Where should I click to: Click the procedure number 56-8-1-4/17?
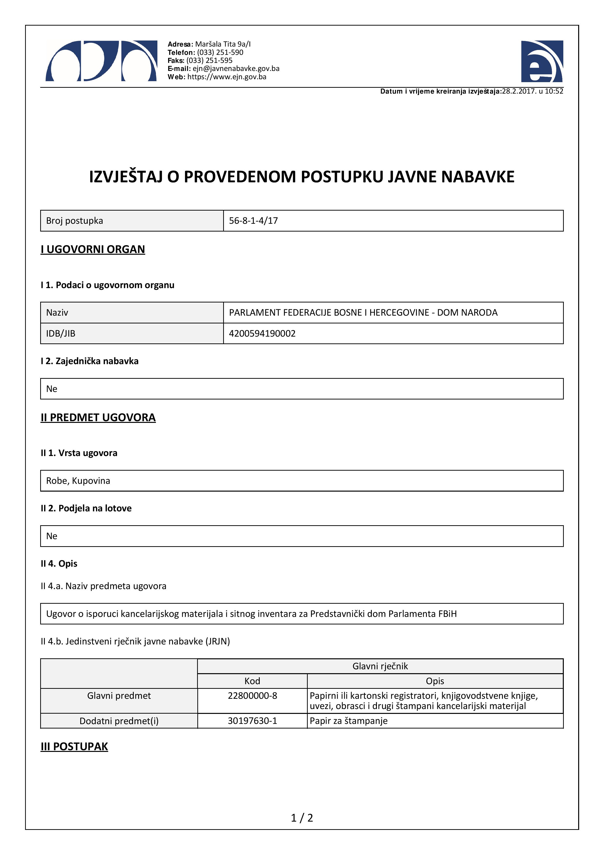[x=253, y=221]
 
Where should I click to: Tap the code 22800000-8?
[x=252, y=696]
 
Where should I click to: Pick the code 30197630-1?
[x=252, y=721]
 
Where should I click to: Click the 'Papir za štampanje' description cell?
[x=348, y=721]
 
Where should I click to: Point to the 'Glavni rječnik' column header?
[x=380, y=666]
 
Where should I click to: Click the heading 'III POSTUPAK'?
[x=74, y=747]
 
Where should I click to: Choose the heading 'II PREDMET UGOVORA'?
[x=98, y=418]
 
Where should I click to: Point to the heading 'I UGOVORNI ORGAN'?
[x=93, y=249]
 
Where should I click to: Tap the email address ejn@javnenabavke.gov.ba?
[x=236, y=68]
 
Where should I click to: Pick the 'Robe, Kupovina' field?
[x=78, y=481]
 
